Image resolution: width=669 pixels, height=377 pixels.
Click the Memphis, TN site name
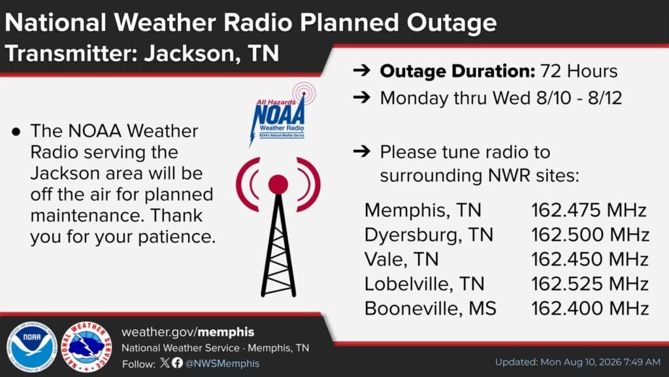[423, 210]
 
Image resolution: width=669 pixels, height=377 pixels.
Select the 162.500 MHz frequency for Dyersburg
[590, 235]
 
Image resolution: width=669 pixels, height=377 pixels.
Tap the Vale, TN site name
[401, 259]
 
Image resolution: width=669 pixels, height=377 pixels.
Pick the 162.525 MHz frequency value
[590, 284]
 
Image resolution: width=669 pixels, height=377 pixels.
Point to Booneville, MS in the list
[430, 309]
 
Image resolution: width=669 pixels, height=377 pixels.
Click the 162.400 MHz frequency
[590, 309]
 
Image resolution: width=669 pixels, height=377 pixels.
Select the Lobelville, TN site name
[424, 284]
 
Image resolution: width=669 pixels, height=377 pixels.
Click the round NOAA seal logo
[31, 347]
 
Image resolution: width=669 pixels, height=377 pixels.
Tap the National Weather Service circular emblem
[86, 347]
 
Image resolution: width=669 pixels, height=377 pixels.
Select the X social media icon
[165, 363]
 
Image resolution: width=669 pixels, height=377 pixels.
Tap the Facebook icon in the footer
[178, 363]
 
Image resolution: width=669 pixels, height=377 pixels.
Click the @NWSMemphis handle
[222, 363]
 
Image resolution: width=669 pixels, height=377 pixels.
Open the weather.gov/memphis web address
[188, 332]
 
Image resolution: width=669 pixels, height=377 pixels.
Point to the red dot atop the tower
[278, 185]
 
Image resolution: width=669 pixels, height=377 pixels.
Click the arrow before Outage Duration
[362, 71]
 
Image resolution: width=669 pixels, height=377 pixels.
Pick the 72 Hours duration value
[579, 71]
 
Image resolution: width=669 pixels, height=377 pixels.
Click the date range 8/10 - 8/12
[579, 98]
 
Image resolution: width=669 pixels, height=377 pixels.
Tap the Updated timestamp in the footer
[578, 362]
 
